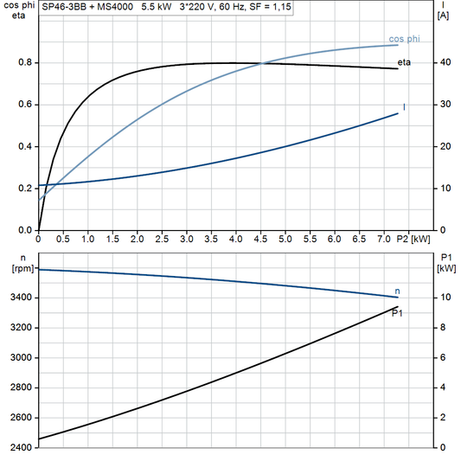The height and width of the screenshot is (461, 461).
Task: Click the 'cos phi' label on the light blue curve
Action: coord(405,39)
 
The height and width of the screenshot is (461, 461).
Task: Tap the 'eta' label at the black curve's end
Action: coord(404,63)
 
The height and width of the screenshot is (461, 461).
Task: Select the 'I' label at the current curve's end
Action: coord(404,107)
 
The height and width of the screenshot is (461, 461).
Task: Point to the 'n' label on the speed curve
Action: coord(397,291)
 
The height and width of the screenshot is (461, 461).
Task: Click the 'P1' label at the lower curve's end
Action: coord(397,313)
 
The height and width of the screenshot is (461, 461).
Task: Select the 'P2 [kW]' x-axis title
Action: coord(413,239)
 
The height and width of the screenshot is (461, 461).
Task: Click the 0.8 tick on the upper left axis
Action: coord(25,63)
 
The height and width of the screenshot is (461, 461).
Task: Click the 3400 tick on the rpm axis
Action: coord(20,298)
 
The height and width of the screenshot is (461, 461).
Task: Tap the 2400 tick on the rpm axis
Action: coord(20,448)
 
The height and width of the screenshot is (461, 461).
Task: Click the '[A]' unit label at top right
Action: coord(443,16)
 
